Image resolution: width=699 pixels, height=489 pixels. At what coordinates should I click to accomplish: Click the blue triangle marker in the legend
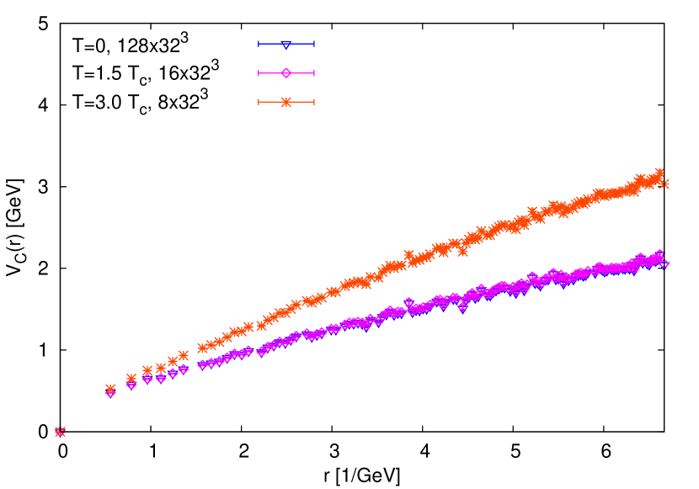pos(286,44)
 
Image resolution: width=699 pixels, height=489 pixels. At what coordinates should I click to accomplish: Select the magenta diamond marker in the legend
pos(286,73)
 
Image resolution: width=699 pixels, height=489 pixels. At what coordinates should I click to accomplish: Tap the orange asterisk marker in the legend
pos(286,102)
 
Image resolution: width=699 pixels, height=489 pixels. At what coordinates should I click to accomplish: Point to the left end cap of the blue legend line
pos(259,44)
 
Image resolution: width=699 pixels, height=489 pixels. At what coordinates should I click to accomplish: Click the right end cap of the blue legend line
pos(313,44)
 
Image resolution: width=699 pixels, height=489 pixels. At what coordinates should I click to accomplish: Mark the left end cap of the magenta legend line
pos(259,73)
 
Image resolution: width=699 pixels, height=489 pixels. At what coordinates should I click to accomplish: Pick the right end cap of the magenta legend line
pos(313,73)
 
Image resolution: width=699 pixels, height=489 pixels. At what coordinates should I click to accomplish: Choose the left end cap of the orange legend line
pos(259,102)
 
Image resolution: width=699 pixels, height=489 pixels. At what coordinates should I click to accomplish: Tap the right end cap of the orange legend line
pos(313,102)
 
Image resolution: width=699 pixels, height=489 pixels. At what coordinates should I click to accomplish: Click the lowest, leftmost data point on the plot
pos(60,432)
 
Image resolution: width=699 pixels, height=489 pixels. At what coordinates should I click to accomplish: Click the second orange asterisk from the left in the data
pos(110,389)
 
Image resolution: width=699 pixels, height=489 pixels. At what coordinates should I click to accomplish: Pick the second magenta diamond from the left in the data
pos(110,393)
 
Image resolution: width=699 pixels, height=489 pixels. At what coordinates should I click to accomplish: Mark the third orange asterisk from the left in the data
pos(131,379)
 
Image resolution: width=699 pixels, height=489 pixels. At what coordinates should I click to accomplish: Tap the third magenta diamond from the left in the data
pos(131,385)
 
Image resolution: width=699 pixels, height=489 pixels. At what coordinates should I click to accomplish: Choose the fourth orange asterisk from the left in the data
pos(147,370)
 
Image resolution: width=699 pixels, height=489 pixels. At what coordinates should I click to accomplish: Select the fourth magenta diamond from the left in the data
pos(147,379)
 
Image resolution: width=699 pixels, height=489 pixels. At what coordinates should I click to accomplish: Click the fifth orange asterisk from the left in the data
pos(161,368)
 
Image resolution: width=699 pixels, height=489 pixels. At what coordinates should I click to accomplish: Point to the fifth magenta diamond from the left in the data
pos(161,378)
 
